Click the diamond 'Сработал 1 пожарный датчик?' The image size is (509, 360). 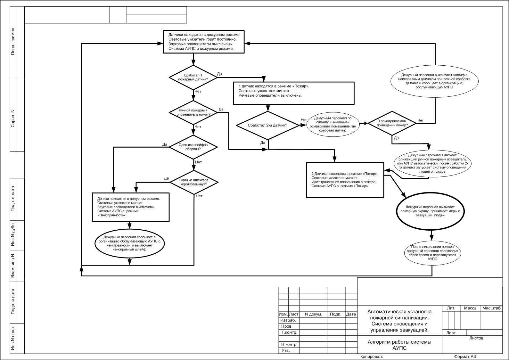tap(193, 77)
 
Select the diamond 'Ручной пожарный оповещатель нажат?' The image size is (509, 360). tap(193, 112)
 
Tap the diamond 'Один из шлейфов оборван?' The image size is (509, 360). tap(193, 147)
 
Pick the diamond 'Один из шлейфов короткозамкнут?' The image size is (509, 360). tap(194, 182)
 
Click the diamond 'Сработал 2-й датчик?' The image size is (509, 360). tap(268, 125)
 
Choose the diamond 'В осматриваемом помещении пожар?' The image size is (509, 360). tap(392, 123)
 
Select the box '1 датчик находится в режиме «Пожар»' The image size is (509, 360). tap(294, 93)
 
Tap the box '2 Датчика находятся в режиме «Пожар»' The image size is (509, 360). tap(345, 180)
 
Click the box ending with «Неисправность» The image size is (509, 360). tap(130, 207)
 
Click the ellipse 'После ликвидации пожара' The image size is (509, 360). tap(432, 253)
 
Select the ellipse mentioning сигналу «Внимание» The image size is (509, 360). tap(332, 124)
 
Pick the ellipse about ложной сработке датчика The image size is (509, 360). tap(435, 81)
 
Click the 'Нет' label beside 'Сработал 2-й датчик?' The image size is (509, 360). tap(304, 120)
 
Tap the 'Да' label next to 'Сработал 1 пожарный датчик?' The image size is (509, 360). tap(219, 74)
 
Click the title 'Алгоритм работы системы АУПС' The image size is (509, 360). tap(399, 345)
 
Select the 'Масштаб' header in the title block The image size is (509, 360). tap(491, 308)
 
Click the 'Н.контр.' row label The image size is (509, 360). tap(289, 345)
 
